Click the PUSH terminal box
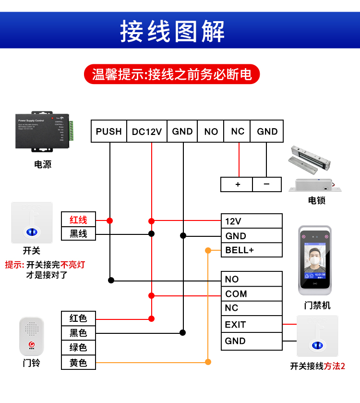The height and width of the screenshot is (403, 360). pos(109,131)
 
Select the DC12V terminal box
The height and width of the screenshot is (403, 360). pos(147,131)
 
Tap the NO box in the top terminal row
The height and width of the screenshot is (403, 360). pos(211,131)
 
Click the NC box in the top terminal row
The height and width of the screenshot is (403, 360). pos(237,131)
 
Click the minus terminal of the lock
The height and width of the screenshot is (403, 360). pos(267,184)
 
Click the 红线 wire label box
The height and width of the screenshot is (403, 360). pos(78,220)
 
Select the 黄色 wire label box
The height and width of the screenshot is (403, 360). pos(78,363)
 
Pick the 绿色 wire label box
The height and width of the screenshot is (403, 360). pos(78,347)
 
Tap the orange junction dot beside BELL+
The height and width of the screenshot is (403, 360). pos(208,250)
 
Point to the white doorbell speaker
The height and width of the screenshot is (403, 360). pos(32,337)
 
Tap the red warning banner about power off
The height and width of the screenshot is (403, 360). pos(171,74)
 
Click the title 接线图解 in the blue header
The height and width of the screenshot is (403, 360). pos(172,32)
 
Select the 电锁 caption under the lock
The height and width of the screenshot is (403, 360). pos(316,200)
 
